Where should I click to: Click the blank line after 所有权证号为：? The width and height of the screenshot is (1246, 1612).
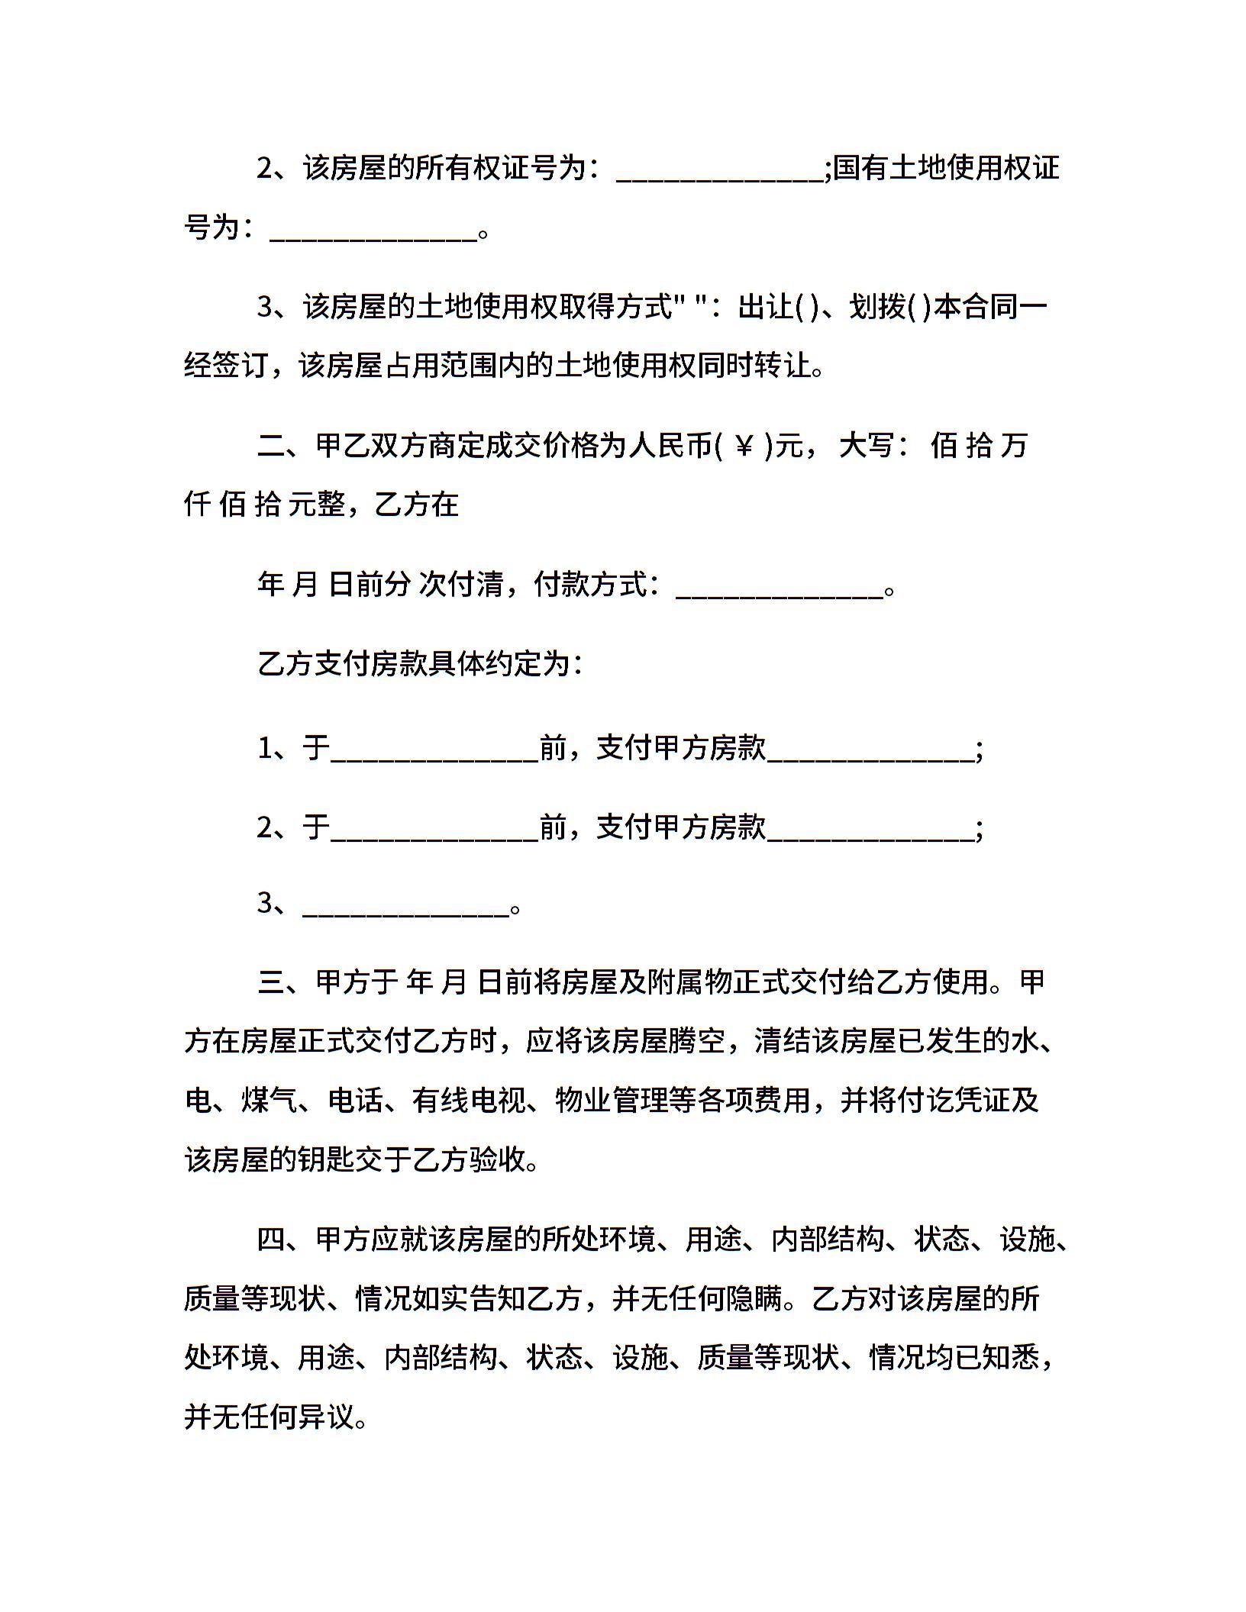point(719,169)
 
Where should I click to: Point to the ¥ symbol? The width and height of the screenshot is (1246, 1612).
point(744,446)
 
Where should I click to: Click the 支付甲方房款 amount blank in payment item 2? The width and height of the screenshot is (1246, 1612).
point(870,827)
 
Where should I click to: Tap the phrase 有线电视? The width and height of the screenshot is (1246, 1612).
point(469,1101)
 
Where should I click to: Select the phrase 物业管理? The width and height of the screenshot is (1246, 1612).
point(612,1101)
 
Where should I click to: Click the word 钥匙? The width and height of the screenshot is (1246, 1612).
point(355,1160)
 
